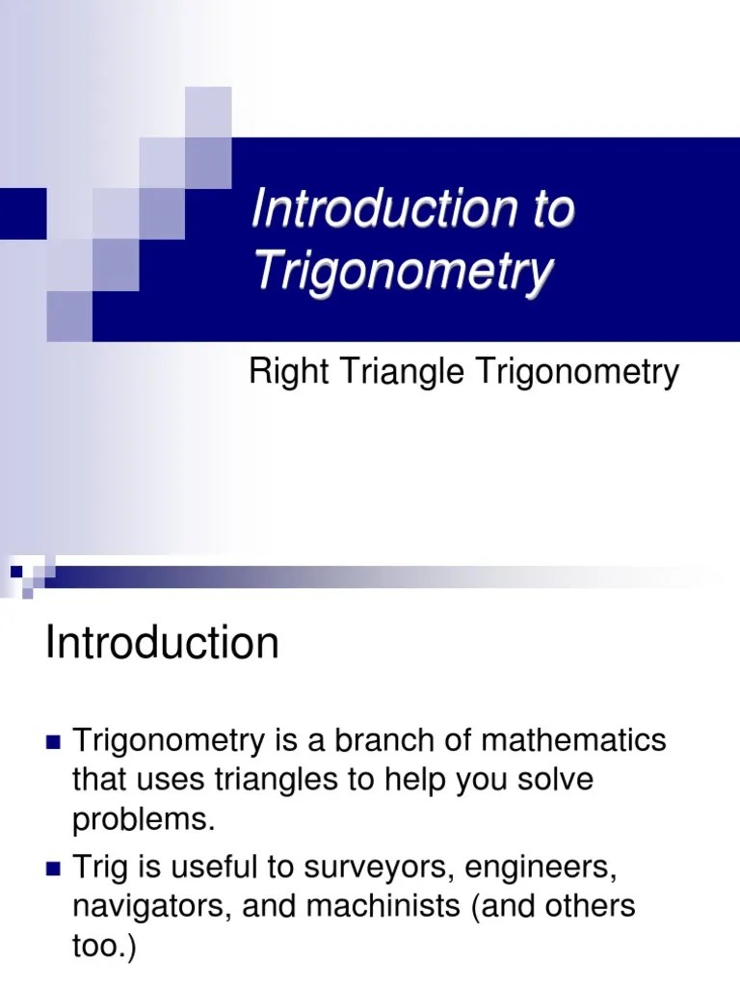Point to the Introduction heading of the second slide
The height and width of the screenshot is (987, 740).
click(162, 643)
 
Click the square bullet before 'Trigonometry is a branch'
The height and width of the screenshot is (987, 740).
click(53, 742)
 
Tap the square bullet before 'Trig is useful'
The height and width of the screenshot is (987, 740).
click(53, 869)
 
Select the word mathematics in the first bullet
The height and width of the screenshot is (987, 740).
click(573, 740)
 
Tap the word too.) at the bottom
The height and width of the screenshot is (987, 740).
click(105, 947)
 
